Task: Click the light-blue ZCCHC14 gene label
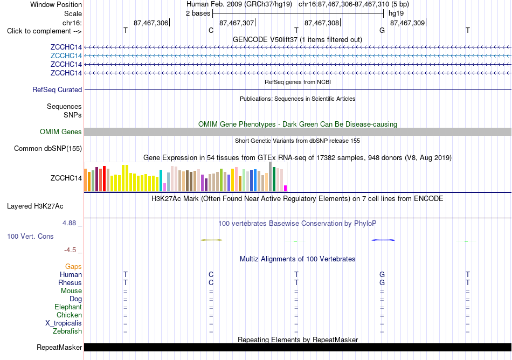(66, 56)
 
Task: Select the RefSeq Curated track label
(57, 90)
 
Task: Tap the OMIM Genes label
(61, 132)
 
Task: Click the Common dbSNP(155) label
(48, 149)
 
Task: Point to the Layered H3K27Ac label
(35, 206)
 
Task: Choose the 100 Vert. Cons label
(30, 236)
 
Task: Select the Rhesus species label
(70, 282)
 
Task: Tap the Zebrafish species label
(67, 331)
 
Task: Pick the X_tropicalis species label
(64, 323)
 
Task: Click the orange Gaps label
(73, 267)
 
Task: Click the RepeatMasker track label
(59, 347)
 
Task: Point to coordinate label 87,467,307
(237, 23)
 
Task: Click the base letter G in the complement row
(382, 30)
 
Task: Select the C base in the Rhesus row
(211, 282)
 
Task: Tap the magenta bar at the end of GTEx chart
(286, 188)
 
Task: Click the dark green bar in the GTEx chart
(274, 179)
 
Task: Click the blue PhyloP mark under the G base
(383, 240)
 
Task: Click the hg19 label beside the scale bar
(396, 13)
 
